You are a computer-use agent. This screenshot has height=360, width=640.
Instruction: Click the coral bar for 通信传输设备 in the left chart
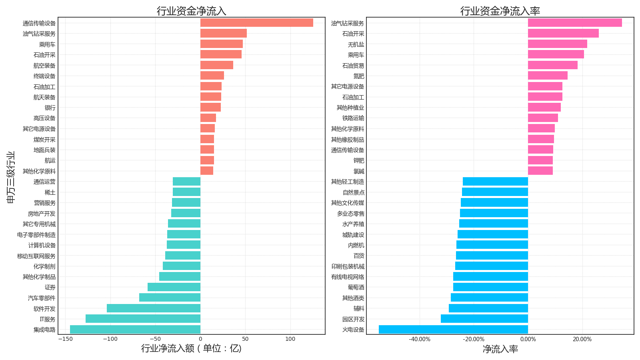[x=256, y=23]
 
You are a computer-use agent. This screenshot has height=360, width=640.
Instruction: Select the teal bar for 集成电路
[x=135, y=330]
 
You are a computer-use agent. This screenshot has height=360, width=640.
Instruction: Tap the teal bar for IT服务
[x=143, y=319]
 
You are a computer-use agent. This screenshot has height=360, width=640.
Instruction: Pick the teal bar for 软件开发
[x=154, y=308]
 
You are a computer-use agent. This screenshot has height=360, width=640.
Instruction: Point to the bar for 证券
[x=174, y=287]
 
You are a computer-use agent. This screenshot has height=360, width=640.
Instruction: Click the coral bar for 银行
[x=210, y=107]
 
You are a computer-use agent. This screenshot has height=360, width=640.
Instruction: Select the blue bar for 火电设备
[x=453, y=330]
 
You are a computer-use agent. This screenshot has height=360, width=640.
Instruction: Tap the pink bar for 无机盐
[x=557, y=44]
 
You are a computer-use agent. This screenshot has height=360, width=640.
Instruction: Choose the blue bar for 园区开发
[x=484, y=319]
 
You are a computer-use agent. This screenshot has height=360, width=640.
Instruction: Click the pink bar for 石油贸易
[x=552, y=65]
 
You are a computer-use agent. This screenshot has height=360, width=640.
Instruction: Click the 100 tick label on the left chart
[x=290, y=339]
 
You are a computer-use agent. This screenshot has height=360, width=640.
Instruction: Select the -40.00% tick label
[x=420, y=340]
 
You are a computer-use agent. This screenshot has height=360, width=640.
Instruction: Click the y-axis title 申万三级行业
[x=11, y=177]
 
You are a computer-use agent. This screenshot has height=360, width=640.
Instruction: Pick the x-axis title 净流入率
[x=500, y=349]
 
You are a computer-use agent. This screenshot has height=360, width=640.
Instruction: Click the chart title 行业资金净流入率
[x=500, y=11]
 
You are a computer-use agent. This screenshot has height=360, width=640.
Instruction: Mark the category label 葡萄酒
[x=356, y=287]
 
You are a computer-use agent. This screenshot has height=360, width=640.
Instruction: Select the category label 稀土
[x=50, y=192]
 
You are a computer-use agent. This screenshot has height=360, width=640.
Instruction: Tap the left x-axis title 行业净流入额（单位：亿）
[x=191, y=348]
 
